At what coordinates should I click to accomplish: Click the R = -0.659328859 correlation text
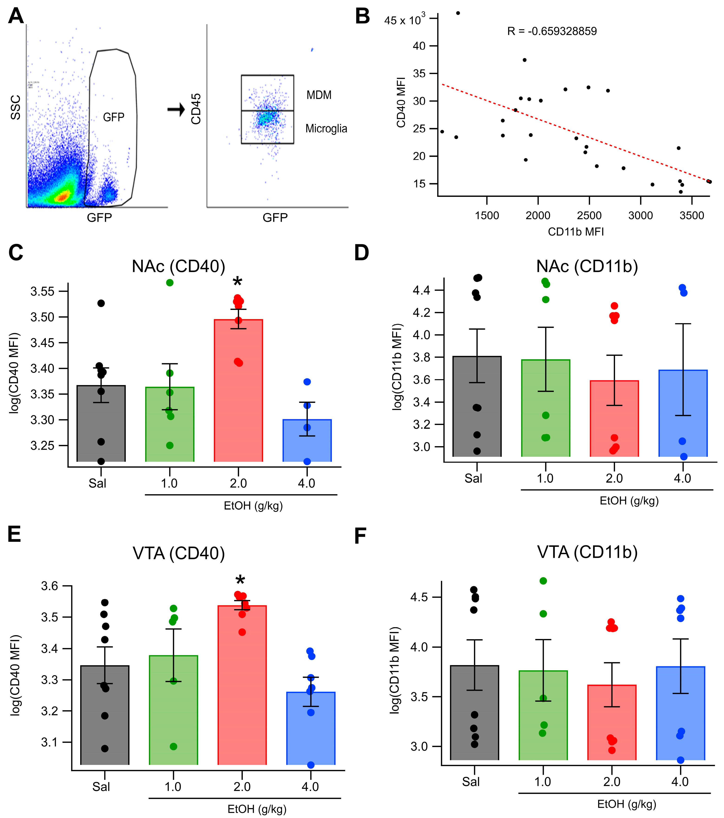click(552, 31)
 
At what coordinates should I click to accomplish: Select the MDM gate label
click(319, 95)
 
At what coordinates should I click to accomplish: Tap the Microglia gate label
click(326, 128)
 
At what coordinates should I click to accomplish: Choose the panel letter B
click(362, 16)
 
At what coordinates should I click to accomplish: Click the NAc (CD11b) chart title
click(587, 266)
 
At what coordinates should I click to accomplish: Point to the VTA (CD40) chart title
click(179, 553)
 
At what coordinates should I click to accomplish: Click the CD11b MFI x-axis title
click(575, 232)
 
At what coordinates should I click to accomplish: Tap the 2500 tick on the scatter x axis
click(589, 215)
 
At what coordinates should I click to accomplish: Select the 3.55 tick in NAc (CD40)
click(43, 291)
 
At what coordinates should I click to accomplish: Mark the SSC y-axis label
click(15, 107)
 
